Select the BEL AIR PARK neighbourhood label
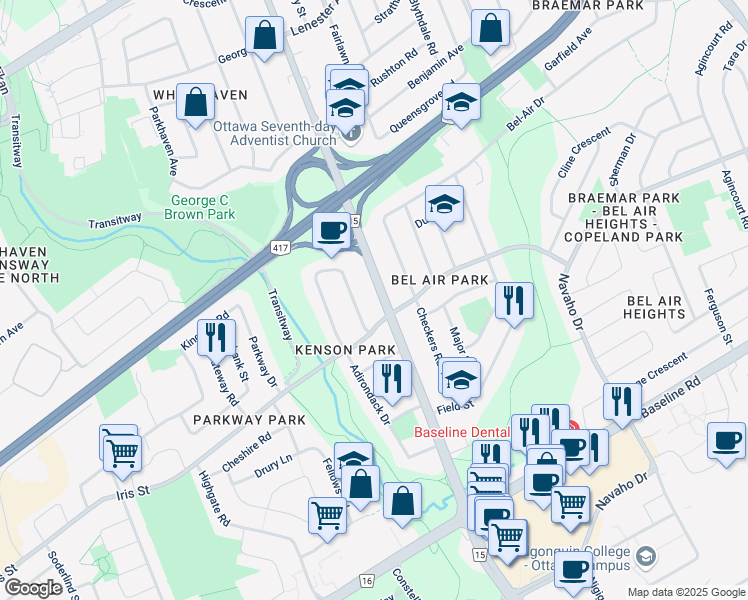coord(439,280)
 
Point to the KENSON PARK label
coord(339,349)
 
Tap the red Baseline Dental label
coord(462,432)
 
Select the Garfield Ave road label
coord(569,58)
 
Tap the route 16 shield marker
coord(367,580)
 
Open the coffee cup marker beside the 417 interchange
coord(331,231)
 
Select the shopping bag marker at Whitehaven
coord(196,101)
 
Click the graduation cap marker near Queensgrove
coord(461,102)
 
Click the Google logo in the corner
coord(34,588)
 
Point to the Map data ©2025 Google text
coord(684,592)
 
